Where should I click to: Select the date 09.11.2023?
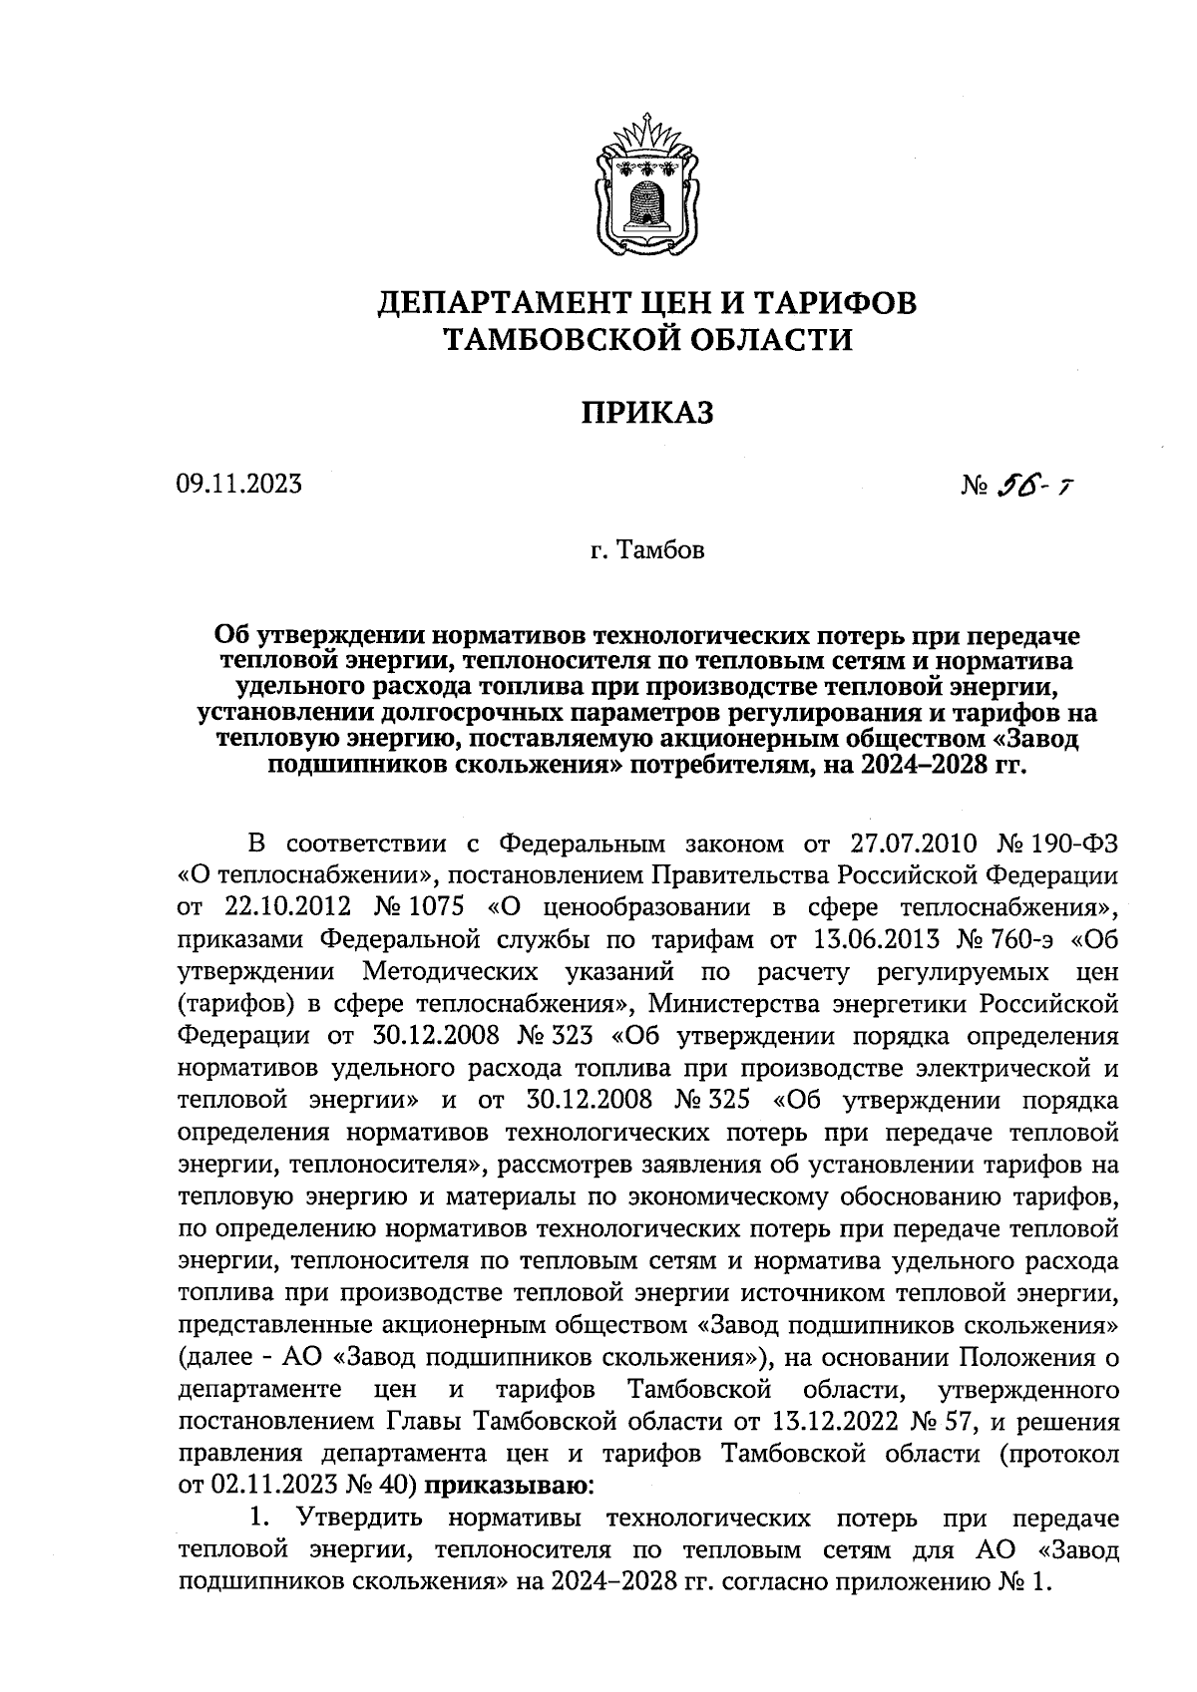(238, 485)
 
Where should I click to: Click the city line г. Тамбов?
(646, 550)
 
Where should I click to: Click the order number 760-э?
(1000, 939)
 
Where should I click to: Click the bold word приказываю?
(508, 1487)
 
